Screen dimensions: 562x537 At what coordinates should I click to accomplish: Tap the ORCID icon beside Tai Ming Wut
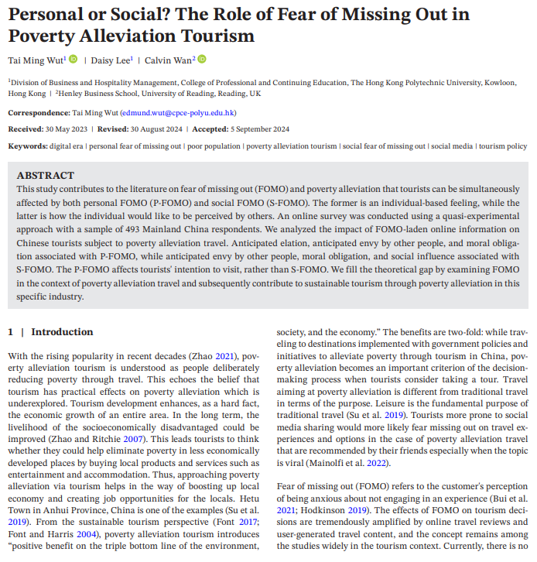click(74, 59)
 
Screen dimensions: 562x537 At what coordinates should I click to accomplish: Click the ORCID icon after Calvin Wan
click(201, 59)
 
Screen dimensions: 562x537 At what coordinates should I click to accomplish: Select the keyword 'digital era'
click(67, 146)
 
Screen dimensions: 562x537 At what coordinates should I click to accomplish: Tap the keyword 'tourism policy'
click(503, 146)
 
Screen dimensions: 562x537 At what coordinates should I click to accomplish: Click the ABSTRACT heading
click(46, 176)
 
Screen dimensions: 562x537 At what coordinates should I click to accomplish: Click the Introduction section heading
click(62, 331)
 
